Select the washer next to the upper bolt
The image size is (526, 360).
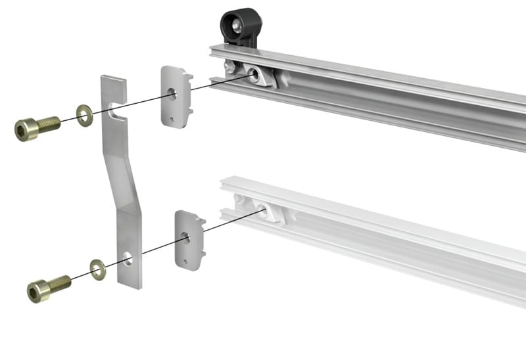(84, 115)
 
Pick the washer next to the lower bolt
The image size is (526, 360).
(98, 269)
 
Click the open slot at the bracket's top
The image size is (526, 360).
(116, 108)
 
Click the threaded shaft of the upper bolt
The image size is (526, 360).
(49, 123)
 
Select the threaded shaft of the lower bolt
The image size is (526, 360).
(60, 283)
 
